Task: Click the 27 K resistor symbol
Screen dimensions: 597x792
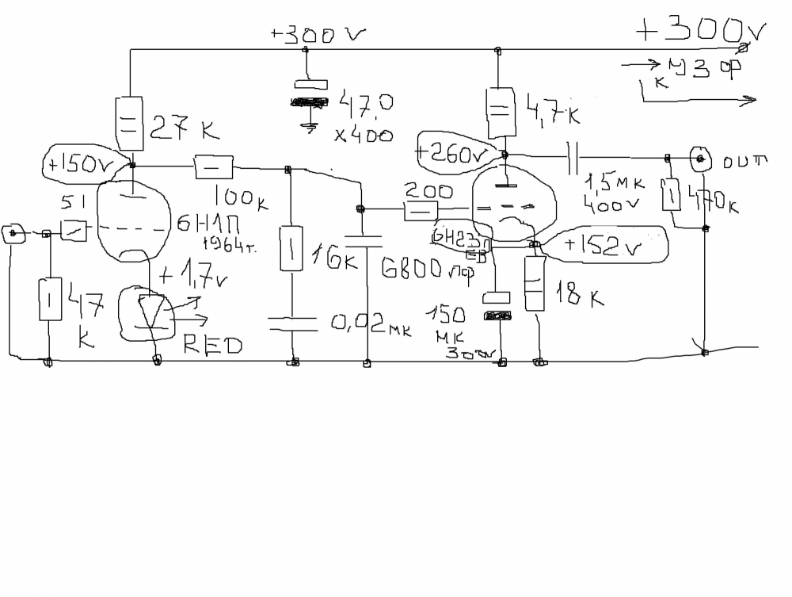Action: pyautogui.click(x=130, y=123)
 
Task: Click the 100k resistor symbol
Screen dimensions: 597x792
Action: pyautogui.click(x=213, y=166)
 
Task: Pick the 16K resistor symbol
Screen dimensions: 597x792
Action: pyautogui.click(x=291, y=247)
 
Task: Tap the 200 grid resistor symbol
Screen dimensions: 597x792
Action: pyautogui.click(x=421, y=211)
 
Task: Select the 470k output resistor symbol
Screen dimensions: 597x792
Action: pyautogui.click(x=672, y=194)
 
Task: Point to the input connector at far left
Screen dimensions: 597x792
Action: pyautogui.click(x=13, y=233)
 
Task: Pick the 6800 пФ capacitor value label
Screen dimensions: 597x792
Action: pyautogui.click(x=428, y=271)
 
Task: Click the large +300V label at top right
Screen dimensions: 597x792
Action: pyautogui.click(x=701, y=31)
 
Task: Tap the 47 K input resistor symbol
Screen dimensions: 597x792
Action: pyautogui.click(x=49, y=299)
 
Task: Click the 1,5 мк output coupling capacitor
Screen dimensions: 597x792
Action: pyautogui.click(x=576, y=158)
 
